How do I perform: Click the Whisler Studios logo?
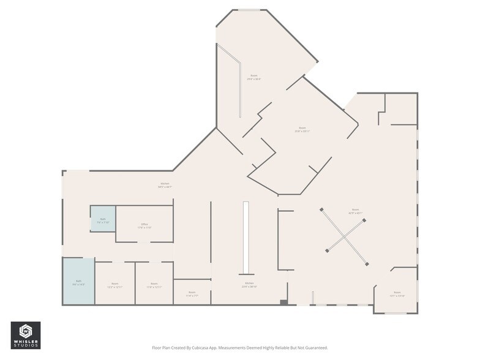coord(26,336)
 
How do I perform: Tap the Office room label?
coord(145,226)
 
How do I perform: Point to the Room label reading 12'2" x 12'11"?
coord(115,285)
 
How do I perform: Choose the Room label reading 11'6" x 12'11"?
coord(154,285)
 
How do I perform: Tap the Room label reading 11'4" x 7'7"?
coord(192,293)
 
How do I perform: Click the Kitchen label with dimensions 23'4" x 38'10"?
coord(250,285)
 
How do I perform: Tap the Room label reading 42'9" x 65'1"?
coord(355,212)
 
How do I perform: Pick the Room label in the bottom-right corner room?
coord(397,294)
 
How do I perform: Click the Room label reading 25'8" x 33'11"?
coord(302,129)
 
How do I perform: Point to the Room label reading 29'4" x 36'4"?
coord(253,77)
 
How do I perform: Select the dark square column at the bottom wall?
coord(283,302)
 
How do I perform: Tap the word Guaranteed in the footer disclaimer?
coord(313,348)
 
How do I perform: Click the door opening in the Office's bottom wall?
coord(143,242)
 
